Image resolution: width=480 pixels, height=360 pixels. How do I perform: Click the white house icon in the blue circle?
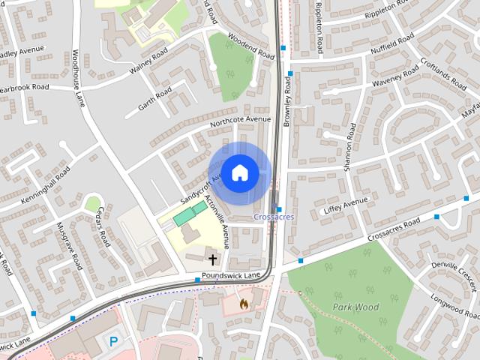pos(238,173)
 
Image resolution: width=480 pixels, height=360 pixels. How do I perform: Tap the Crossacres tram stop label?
pos(274,217)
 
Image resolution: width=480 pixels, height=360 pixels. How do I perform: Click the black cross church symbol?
pos(213,260)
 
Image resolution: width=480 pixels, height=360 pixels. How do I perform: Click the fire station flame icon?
pos(243,304)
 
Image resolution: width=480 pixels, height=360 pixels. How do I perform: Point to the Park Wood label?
pos(355,307)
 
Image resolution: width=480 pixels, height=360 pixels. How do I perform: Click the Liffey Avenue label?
pos(346,207)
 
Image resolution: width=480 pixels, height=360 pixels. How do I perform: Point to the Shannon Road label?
pos(349,148)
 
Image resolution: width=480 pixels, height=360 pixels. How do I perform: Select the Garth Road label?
pos(154,100)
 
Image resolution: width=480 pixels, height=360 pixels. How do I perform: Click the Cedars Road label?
pos(101,227)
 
